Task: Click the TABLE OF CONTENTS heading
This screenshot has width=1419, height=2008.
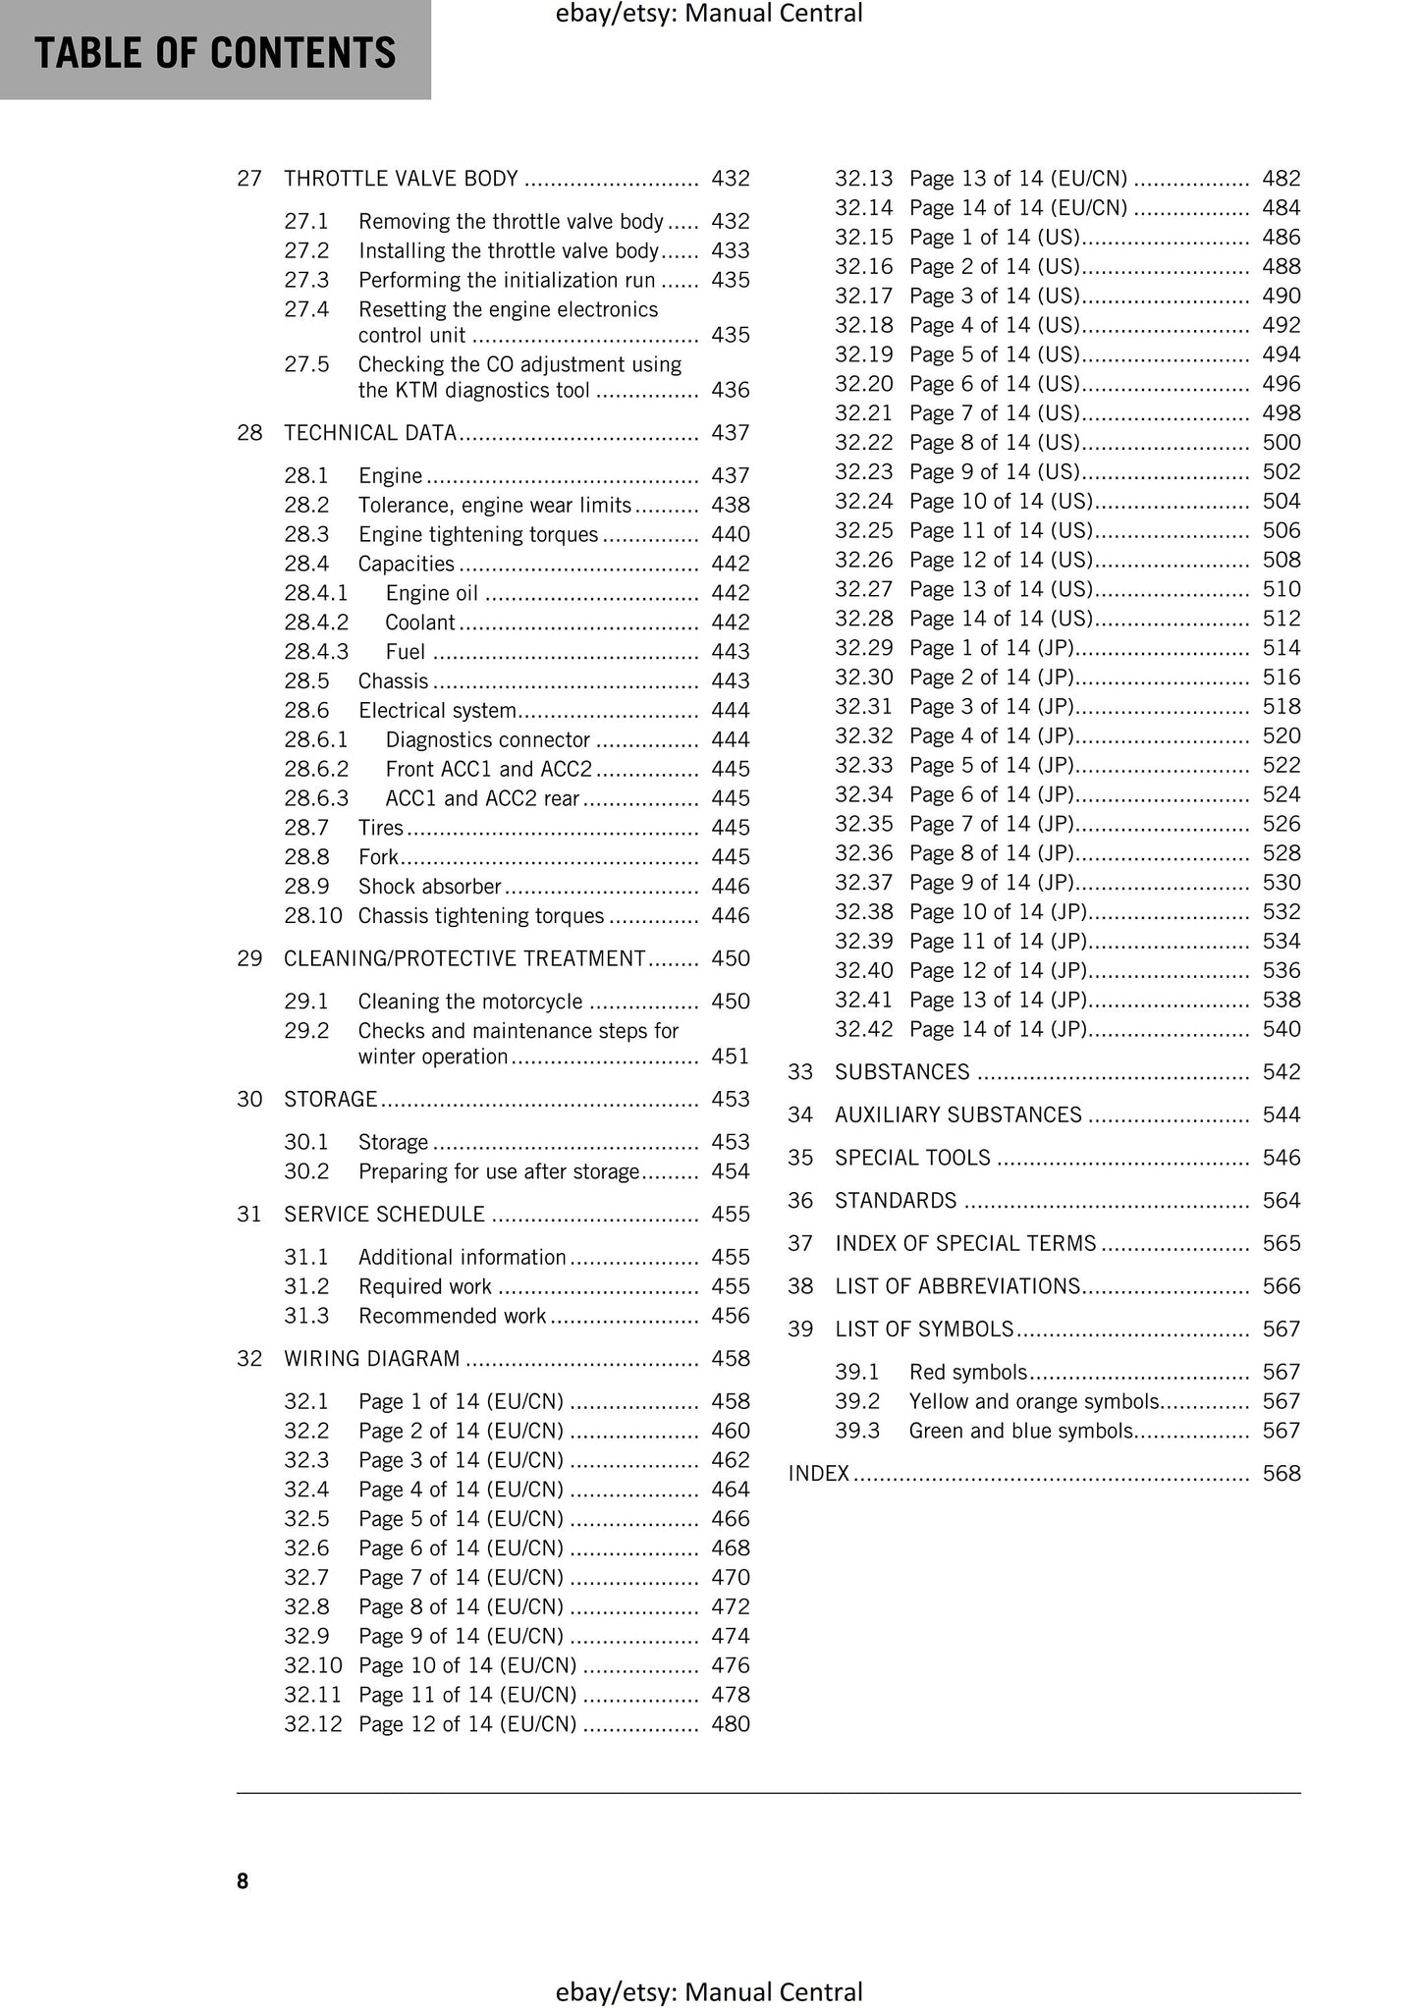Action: pos(215,53)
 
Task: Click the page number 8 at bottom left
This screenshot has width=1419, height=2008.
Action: pos(243,1881)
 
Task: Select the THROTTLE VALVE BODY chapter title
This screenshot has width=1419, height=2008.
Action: pos(401,179)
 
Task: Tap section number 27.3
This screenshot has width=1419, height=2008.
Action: pos(305,281)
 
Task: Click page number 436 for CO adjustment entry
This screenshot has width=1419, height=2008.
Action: pos(730,391)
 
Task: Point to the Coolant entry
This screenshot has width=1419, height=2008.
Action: pos(419,623)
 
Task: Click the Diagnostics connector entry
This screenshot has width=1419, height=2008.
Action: pos(487,740)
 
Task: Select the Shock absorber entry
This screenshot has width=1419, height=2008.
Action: pos(429,887)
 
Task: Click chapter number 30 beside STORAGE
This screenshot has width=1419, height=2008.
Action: pos(249,1100)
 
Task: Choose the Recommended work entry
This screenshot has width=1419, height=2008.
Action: pos(452,1316)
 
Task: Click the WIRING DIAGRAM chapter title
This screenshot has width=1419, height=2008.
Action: pos(371,1359)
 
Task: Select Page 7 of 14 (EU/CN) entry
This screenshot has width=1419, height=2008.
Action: pos(461,1578)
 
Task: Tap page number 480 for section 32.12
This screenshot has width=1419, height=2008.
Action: pos(730,1724)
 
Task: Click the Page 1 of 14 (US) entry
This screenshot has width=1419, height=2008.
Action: pos(994,238)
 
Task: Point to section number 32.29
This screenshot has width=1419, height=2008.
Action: pos(863,648)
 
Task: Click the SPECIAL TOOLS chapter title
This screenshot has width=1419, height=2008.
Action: pos(912,1159)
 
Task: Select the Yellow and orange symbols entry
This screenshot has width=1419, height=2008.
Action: pos(1034,1402)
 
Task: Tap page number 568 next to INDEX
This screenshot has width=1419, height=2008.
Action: pos(1281,1474)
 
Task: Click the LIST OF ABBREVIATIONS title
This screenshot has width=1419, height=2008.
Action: pos(957,1287)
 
